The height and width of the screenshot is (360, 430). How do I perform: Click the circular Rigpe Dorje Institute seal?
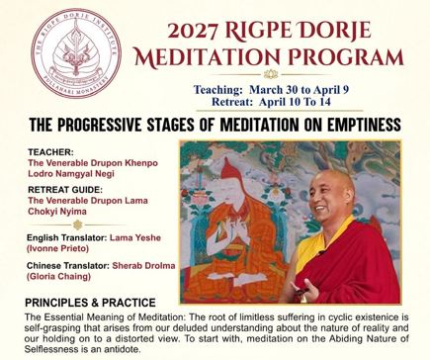(76, 53)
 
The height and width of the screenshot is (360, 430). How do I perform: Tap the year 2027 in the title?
(193, 32)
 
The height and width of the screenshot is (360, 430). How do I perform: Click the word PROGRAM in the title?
(346, 56)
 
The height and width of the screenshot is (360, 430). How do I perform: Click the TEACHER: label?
(50, 152)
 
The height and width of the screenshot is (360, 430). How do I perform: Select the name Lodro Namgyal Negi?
(71, 173)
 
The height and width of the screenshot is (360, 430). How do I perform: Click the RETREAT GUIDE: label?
(65, 190)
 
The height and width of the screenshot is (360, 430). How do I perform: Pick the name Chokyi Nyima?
(57, 212)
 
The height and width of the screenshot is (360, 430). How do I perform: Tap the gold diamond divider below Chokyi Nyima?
(77, 225)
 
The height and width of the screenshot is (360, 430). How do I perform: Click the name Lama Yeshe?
(135, 237)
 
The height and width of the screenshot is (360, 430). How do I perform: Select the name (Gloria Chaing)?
(58, 276)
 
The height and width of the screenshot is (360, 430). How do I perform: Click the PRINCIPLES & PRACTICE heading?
(90, 303)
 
